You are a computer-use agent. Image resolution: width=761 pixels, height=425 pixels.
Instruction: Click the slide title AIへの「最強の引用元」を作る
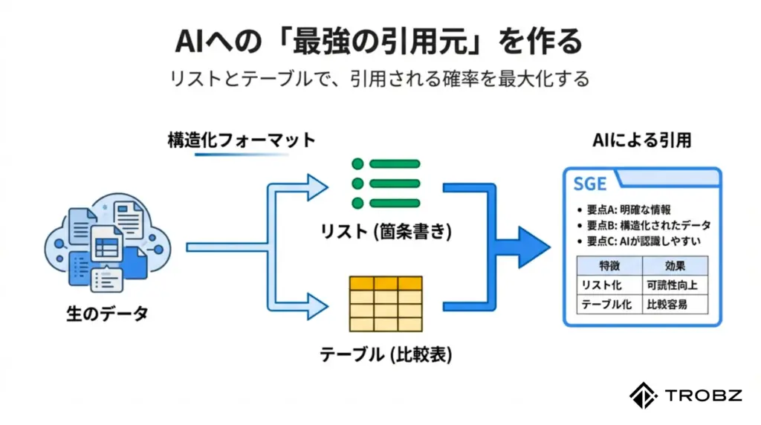380,42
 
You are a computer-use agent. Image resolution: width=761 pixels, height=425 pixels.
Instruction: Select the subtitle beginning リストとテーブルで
380,78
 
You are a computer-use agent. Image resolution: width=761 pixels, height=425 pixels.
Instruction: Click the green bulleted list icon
386,183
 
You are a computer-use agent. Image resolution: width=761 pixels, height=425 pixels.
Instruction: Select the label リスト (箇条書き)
386,233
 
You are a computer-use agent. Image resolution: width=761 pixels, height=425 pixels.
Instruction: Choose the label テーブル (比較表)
386,354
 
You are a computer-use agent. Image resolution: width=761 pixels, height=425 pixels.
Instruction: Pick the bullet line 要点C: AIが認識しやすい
637,241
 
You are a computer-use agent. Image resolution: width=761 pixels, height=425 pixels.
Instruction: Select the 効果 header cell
675,266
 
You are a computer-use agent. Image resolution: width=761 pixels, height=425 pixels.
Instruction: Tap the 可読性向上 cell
675,285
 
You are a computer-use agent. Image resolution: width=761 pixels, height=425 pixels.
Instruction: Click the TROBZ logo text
702,395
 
